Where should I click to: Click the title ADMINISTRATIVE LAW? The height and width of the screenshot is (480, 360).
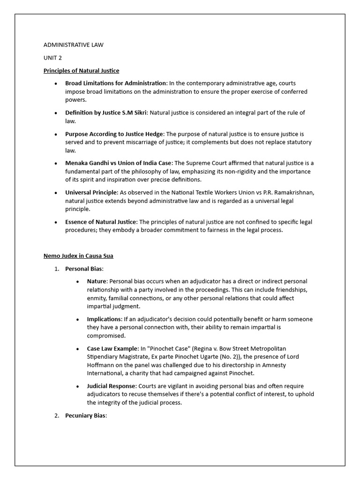click(74, 45)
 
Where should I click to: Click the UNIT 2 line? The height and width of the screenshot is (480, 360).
click(52, 58)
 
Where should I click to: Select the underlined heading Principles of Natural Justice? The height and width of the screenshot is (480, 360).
click(81, 71)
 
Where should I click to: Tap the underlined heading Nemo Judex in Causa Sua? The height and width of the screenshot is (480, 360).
click(78, 256)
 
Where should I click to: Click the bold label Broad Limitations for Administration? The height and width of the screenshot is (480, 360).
click(116, 83)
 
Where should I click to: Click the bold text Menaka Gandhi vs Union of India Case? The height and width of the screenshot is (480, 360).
click(118, 163)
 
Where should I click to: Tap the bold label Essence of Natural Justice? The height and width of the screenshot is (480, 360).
click(101, 222)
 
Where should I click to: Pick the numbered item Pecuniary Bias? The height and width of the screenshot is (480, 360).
click(86, 415)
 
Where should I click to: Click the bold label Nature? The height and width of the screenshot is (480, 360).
click(97, 281)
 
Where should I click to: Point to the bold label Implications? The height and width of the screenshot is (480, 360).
click(104, 319)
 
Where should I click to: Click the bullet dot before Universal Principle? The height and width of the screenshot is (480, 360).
click(56, 193)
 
